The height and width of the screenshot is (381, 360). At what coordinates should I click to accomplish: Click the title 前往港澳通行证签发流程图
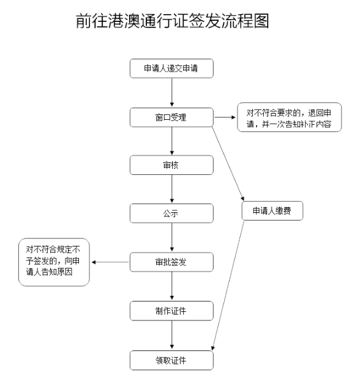pyautogui.click(x=173, y=21)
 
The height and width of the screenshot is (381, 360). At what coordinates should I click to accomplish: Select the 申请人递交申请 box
pyautogui.click(x=171, y=68)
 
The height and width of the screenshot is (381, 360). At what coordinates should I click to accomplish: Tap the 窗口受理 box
pyautogui.click(x=171, y=117)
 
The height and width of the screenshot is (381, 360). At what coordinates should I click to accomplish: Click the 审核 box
pyautogui.click(x=171, y=165)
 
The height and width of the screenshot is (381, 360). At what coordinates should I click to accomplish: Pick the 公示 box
pyautogui.click(x=171, y=213)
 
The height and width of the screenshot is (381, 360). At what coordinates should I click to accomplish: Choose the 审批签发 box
pyautogui.click(x=171, y=262)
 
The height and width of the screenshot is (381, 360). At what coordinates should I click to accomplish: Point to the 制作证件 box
pyautogui.click(x=171, y=311)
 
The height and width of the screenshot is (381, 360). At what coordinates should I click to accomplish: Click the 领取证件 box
pyautogui.click(x=171, y=360)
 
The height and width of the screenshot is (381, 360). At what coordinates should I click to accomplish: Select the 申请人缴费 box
pyautogui.click(x=272, y=210)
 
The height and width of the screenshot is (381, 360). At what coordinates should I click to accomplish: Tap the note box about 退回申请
pyautogui.click(x=289, y=117)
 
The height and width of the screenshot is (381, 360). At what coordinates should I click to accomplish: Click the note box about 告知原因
pyautogui.click(x=54, y=262)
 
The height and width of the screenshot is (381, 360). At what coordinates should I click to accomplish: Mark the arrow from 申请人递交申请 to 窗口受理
pyautogui.click(x=172, y=92)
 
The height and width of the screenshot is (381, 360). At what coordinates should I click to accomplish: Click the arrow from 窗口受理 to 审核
pyautogui.click(x=172, y=141)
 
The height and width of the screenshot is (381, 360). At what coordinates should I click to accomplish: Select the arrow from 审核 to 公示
pyautogui.click(x=172, y=189)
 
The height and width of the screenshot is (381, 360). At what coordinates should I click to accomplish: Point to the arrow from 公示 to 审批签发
pyautogui.click(x=172, y=237)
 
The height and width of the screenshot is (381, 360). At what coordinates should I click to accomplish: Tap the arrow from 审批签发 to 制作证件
pyautogui.click(x=172, y=286)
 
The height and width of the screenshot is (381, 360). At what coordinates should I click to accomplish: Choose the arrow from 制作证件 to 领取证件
pyautogui.click(x=172, y=335)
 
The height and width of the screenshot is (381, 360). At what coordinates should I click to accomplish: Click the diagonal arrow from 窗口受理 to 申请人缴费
pyautogui.click(x=228, y=163)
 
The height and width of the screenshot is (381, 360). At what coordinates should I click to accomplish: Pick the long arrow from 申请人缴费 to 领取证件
pyautogui.click(x=228, y=286)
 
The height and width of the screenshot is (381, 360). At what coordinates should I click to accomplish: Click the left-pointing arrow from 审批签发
pyautogui.click(x=110, y=262)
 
